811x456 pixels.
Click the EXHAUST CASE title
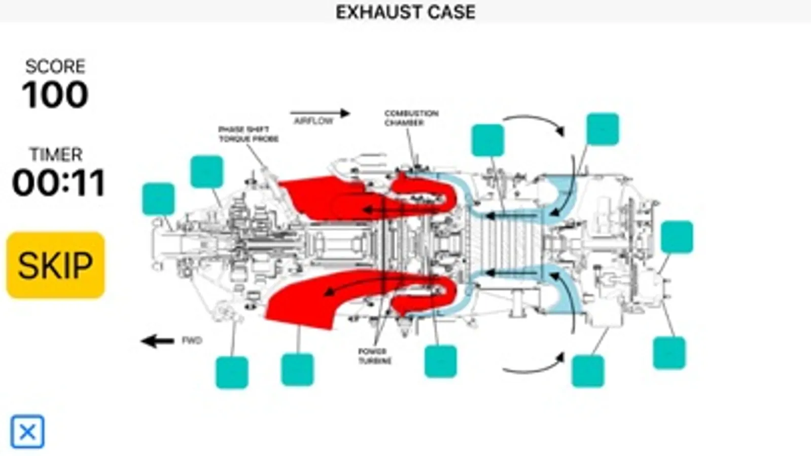coord(405,12)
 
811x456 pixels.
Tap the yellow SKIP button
coord(55,264)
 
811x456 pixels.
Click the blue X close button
coord(27,432)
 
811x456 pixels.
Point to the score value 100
coord(55,95)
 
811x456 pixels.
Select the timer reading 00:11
coord(58,183)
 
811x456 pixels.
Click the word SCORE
coord(55,66)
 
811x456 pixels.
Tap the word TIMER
coord(56,154)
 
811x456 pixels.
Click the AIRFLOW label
coord(314,122)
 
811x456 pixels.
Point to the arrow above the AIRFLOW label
coord(320,113)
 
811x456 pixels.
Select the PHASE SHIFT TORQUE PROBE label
coord(249,134)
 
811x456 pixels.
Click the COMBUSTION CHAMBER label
coord(411,118)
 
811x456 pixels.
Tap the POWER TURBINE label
coord(375,356)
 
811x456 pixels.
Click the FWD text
coord(192,340)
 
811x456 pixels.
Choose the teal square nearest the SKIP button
coord(159,199)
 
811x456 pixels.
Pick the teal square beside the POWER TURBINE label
coord(440,361)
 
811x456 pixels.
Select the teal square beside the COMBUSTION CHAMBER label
coord(487,140)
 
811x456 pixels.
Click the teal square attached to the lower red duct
coord(297,369)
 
